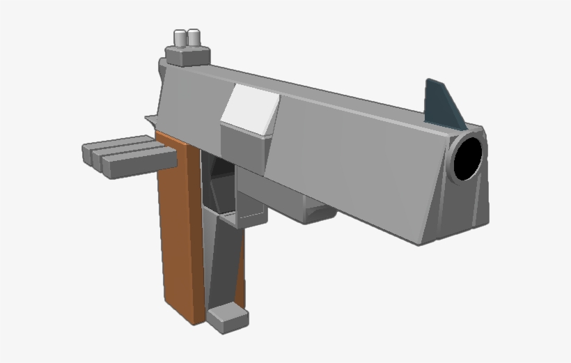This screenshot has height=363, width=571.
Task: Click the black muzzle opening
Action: click(x=468, y=157)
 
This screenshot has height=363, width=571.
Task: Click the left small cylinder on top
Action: click(x=180, y=38)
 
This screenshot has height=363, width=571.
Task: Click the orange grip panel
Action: click(x=179, y=230)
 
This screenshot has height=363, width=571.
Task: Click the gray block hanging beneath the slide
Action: click(x=313, y=209)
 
